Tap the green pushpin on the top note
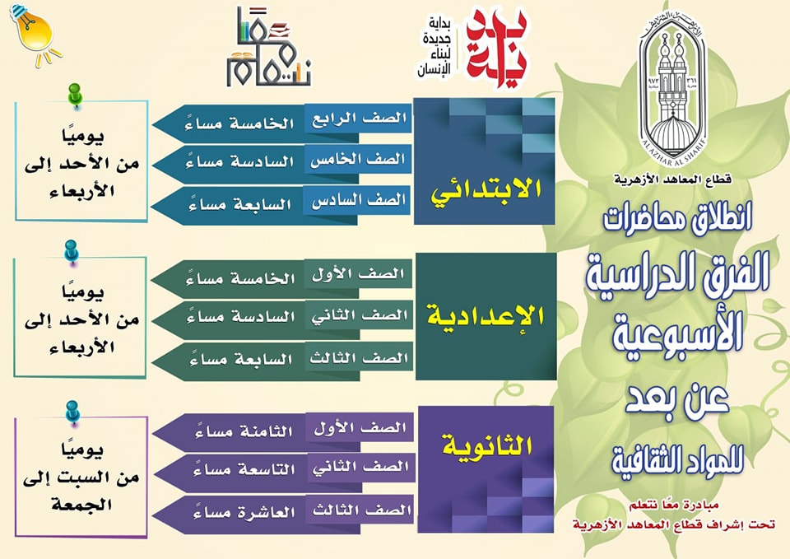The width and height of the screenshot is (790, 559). [75, 95]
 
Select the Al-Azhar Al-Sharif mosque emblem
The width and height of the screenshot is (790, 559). [672, 86]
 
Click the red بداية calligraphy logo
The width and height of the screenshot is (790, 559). [496, 47]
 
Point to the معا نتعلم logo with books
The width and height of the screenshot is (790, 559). [268, 48]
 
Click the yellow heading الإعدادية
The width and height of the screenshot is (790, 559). [486, 316]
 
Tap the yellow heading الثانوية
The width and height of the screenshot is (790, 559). [486, 445]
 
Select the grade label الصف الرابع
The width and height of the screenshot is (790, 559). [360, 119]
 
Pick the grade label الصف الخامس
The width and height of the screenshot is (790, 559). [358, 161]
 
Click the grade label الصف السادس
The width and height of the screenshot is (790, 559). [358, 201]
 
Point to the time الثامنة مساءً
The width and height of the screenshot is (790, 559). [244, 431]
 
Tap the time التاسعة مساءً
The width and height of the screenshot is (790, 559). [244, 469]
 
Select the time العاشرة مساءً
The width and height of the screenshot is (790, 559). [244, 511]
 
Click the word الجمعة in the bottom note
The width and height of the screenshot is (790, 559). [81, 505]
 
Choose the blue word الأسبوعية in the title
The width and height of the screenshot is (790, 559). [677, 333]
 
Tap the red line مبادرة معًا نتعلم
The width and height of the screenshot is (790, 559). [674, 505]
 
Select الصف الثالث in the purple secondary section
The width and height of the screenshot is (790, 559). [362, 510]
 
